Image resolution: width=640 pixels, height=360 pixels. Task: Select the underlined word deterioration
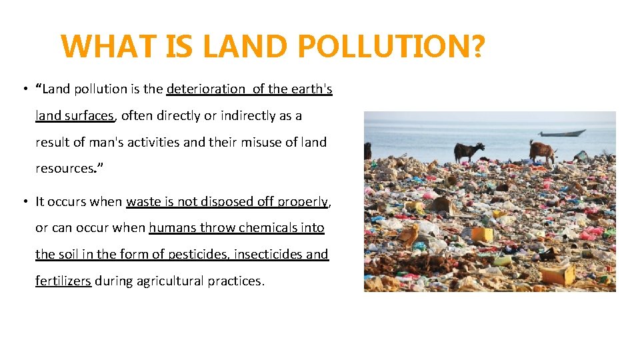point(206,89)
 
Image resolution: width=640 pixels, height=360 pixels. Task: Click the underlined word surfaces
point(89,115)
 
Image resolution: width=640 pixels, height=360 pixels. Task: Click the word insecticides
point(265,254)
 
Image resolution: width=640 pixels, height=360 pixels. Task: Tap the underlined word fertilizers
point(63,281)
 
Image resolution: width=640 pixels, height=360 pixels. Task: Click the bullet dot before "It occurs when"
point(23,201)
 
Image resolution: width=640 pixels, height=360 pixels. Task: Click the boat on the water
point(562,133)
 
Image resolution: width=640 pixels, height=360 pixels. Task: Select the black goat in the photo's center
point(468,151)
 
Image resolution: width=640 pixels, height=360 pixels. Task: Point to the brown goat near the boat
point(542,151)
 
